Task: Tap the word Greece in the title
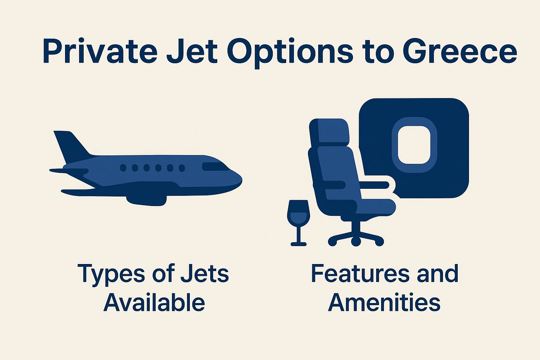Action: tap(459, 52)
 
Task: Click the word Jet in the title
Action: tap(192, 52)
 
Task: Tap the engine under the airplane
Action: tap(146, 200)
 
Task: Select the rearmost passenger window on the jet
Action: tap(123, 168)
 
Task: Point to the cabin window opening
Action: tap(414, 145)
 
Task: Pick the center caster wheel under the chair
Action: tap(356, 242)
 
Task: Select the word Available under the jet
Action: tap(154, 302)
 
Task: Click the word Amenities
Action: tap(384, 302)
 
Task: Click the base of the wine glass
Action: tap(298, 244)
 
